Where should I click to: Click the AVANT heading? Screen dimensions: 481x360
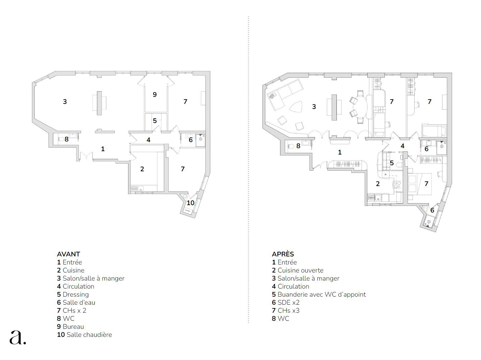[68, 254]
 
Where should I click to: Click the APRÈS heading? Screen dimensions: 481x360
[283, 254]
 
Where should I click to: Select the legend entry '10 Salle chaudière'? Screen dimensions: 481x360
[85, 335]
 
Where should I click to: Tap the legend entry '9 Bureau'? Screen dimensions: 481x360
[70, 326]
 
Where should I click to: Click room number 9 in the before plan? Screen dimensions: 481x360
[155, 95]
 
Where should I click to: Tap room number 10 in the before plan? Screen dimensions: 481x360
[191, 203]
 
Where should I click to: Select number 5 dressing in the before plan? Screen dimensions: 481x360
[155, 120]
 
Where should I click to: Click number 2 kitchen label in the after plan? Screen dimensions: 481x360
[378, 183]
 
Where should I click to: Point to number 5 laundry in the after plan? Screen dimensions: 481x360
[392, 163]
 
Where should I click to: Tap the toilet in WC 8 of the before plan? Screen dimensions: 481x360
[61, 139]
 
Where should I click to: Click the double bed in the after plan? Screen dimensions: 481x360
[420, 184]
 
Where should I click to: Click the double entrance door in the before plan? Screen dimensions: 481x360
[86, 156]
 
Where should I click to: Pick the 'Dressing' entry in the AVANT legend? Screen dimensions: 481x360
[75, 295]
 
